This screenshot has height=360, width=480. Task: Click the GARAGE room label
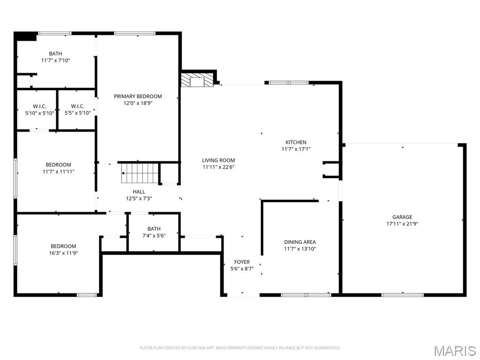(402, 217)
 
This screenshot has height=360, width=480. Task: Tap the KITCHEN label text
(296, 142)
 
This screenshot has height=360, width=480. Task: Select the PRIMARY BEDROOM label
(138, 97)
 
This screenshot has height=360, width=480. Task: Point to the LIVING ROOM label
(218, 160)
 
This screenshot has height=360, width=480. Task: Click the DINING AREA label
(300, 242)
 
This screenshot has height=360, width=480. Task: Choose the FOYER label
(242, 262)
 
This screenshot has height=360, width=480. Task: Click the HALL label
(139, 192)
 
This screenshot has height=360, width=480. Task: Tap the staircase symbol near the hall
(140, 173)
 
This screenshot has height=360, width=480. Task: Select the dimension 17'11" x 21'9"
(402, 224)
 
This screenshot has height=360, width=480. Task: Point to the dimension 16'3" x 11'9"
(63, 253)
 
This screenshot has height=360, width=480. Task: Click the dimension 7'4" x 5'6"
(154, 235)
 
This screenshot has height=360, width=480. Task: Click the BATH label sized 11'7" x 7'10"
(55, 53)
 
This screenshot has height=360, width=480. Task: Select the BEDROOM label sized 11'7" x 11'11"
(59, 165)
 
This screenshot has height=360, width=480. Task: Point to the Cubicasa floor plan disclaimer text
(240, 348)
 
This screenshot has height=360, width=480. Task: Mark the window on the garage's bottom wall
(402, 295)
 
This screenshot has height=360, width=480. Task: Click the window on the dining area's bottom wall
(306, 295)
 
